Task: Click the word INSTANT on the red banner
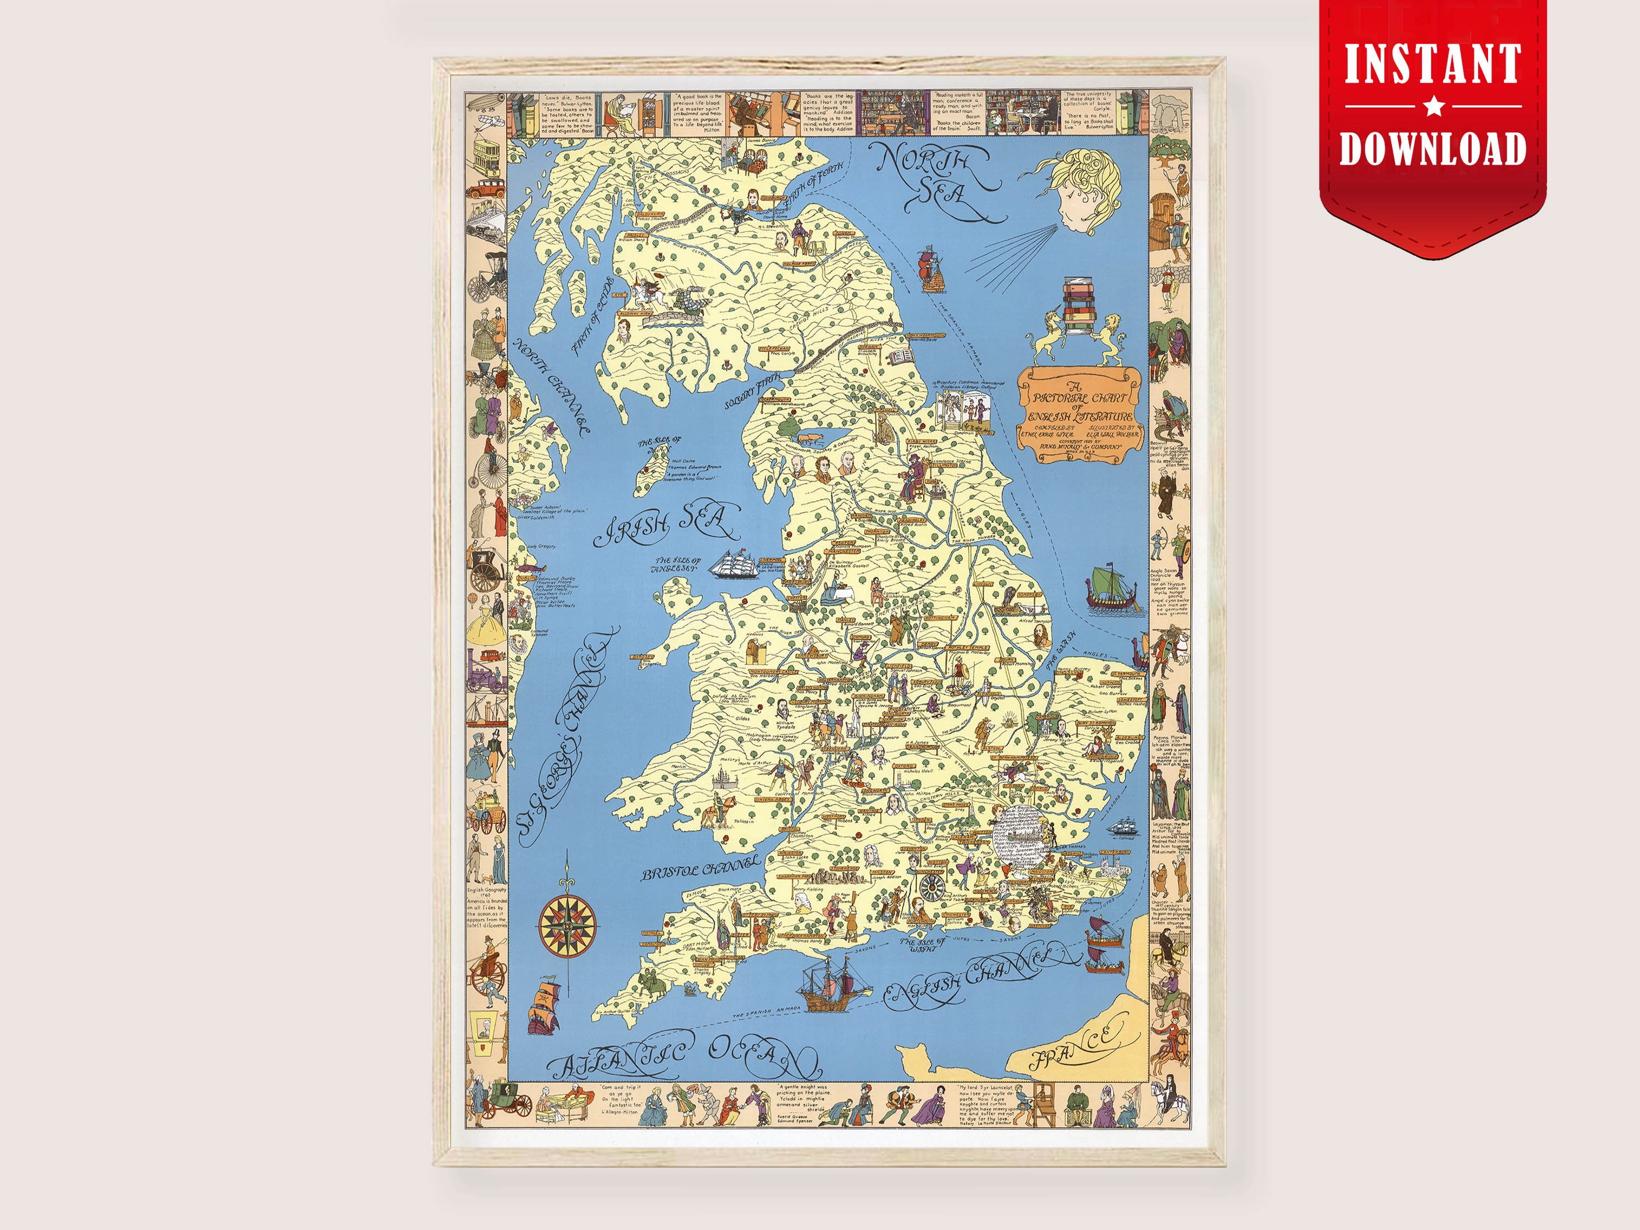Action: [x=1432, y=65]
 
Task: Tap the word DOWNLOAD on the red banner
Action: [x=1432, y=148]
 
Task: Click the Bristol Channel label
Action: [x=701, y=868]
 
